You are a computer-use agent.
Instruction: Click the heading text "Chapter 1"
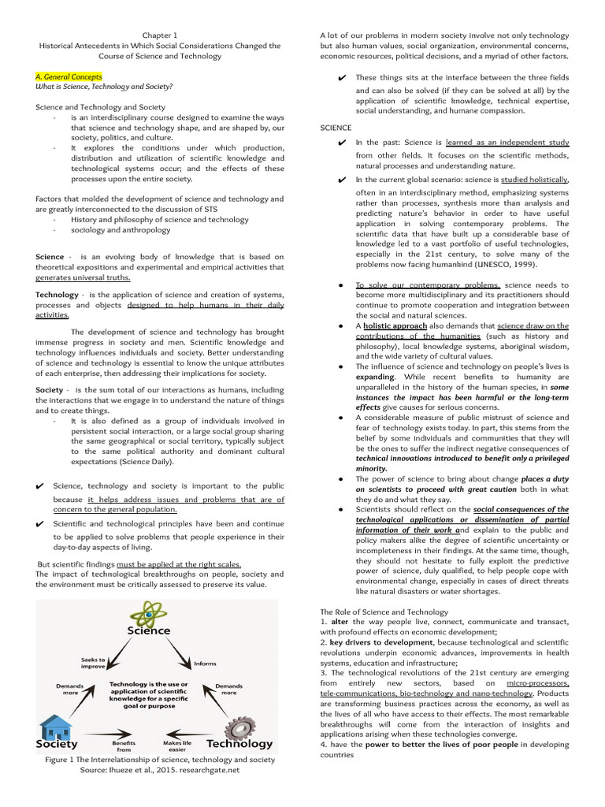(160, 35)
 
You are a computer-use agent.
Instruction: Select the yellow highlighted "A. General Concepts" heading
(69, 76)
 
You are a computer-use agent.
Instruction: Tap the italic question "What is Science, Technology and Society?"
(104, 86)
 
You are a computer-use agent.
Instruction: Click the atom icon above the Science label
(148, 612)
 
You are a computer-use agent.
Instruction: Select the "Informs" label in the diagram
(205, 664)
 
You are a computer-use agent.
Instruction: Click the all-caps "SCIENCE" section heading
(336, 127)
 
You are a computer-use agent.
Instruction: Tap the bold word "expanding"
(375, 377)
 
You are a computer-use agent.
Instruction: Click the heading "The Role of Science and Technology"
(384, 612)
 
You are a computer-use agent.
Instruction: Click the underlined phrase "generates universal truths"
(83, 277)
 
